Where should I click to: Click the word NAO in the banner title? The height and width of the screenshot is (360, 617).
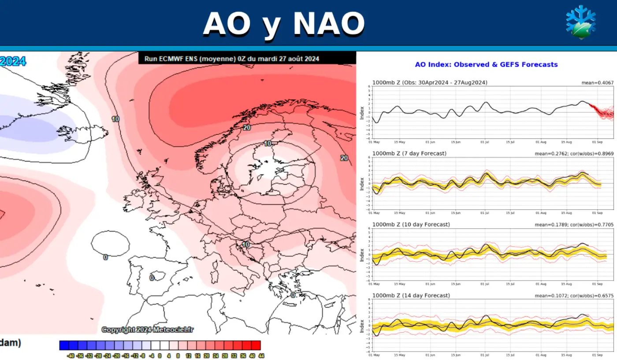(329, 23)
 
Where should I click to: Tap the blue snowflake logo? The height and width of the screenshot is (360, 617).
(580, 22)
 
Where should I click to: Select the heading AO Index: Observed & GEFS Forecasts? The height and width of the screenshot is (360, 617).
(486, 65)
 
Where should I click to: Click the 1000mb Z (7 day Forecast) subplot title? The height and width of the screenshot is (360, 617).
(409, 153)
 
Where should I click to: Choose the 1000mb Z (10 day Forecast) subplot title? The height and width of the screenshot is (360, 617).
(411, 224)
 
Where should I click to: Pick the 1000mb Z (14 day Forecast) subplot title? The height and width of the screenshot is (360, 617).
(411, 295)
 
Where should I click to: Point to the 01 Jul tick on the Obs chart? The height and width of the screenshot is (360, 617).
(485, 142)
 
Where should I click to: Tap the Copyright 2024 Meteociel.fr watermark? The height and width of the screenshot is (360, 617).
(148, 330)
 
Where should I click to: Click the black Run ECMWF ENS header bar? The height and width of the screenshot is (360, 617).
(247, 58)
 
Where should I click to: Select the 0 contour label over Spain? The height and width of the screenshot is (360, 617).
(152, 278)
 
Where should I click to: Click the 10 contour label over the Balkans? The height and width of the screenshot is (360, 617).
(245, 245)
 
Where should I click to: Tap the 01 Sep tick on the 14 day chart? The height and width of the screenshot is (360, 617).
(598, 355)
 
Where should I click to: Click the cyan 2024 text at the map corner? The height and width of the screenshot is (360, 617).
(13, 61)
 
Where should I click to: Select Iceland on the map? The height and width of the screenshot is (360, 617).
(84, 131)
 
